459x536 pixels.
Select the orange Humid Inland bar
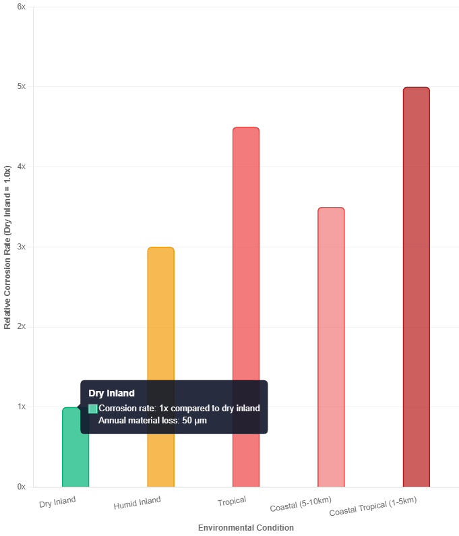pos(160,367)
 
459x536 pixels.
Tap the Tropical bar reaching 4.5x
pos(246,307)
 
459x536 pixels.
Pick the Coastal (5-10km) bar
pos(331,347)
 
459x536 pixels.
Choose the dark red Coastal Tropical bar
pos(416,287)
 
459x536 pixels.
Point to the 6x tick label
pos(21,7)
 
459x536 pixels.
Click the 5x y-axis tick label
pos(21,87)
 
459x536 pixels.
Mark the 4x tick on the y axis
pos(21,167)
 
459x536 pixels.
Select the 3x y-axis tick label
pos(21,247)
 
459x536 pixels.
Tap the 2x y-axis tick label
pos(21,326)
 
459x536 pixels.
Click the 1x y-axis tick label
pos(21,407)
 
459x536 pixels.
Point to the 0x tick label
pos(21,486)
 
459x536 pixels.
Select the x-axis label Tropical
pos(232,501)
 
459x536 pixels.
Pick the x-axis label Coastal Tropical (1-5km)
pos(373,508)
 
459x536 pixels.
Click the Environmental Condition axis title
pos(246,527)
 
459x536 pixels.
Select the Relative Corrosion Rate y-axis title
pos(7,247)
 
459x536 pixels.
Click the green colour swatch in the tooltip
pos(93,409)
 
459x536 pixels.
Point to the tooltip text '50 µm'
pos(195,421)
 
